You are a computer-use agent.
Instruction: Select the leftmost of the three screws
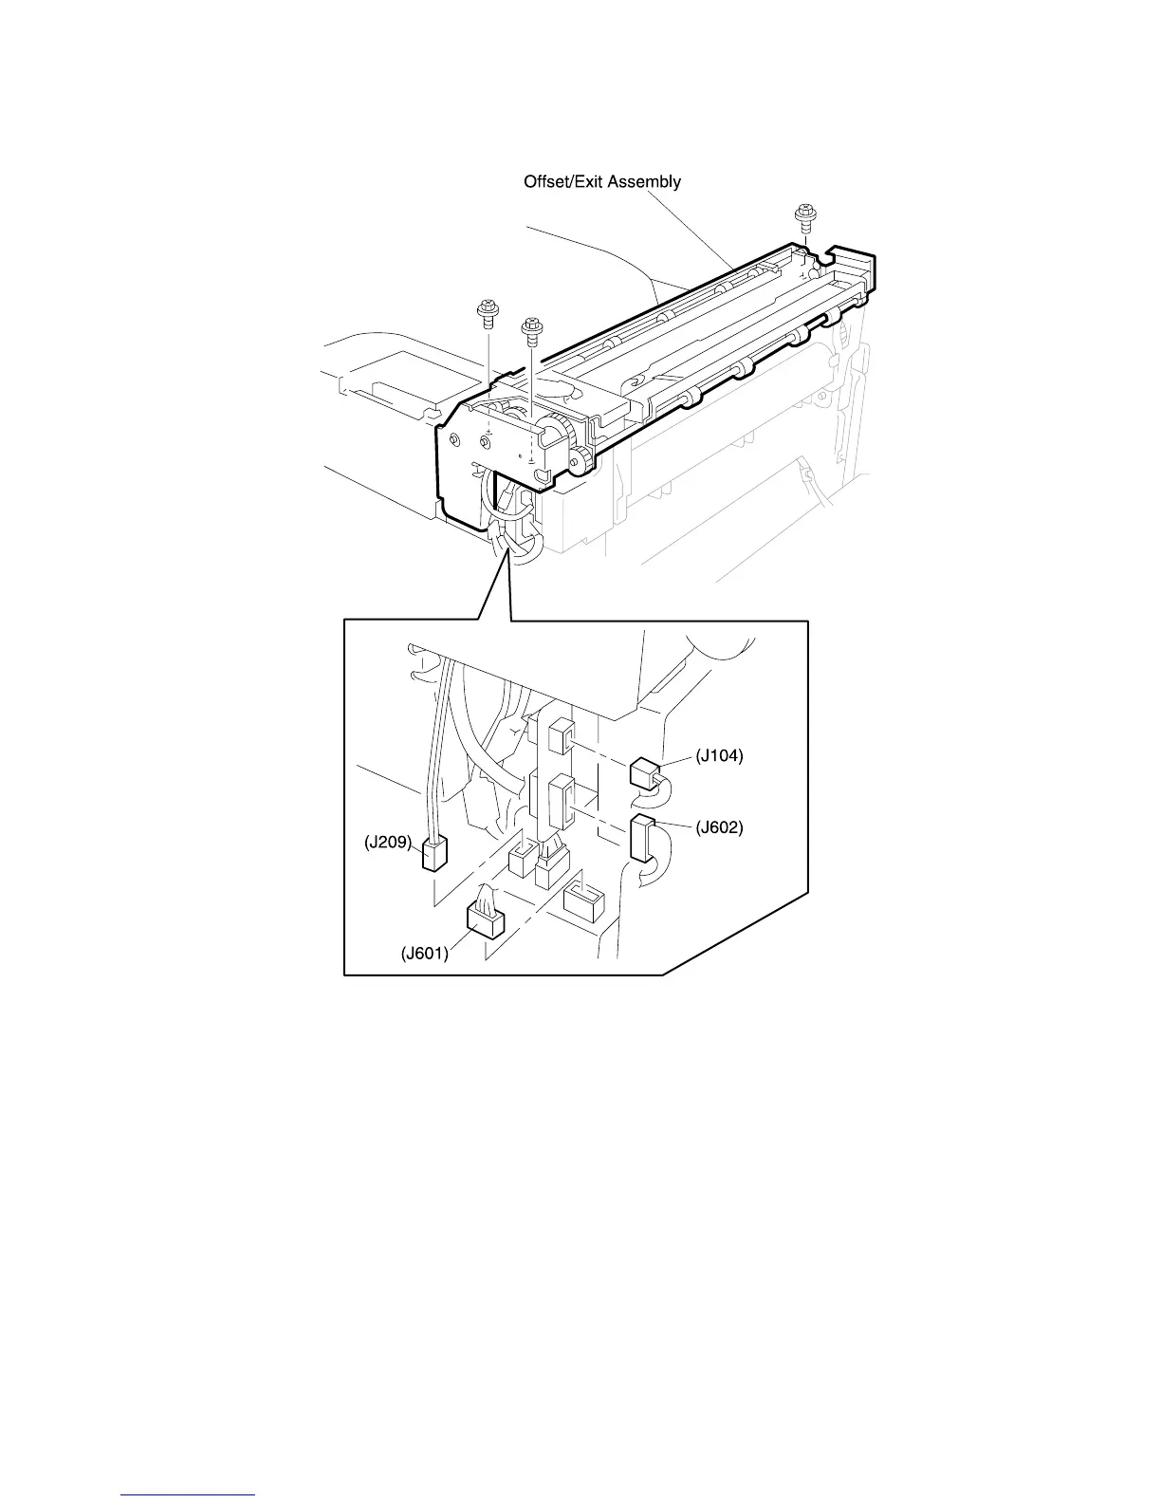pos(488,312)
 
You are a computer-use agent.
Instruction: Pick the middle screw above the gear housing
pos(531,329)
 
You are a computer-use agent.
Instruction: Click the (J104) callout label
pos(719,756)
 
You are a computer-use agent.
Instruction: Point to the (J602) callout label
pos(719,827)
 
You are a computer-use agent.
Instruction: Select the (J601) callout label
pos(424,954)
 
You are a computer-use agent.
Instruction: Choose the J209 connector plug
pos(433,855)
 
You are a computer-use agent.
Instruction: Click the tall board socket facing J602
pos(561,799)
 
